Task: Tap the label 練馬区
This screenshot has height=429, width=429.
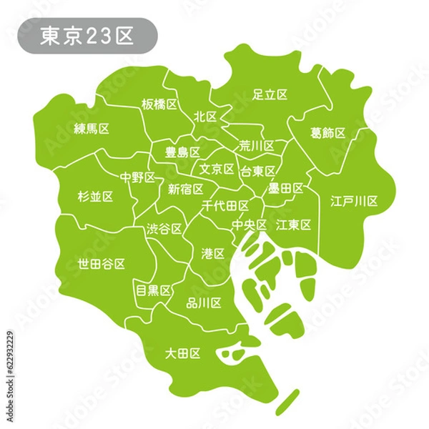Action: coord(92,129)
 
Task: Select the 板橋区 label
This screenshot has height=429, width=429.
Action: coord(159,104)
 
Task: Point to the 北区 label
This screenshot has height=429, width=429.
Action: coord(205,116)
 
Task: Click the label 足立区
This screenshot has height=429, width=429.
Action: coord(270,94)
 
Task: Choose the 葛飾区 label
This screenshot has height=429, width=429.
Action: coord(328,134)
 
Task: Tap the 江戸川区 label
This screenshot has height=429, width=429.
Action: coord(354,201)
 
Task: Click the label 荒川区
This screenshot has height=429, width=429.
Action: coord(257,146)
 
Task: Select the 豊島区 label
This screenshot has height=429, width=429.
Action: coord(182,152)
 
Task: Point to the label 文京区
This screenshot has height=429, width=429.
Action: coord(217,169)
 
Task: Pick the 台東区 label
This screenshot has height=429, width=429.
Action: coord(257,171)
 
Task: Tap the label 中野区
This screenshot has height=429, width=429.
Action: coord(137,176)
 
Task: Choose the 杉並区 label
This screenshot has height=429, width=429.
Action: coord(94,195)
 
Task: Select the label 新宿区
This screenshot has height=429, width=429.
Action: coord(185,189)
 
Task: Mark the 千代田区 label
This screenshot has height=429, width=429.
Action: coord(226,206)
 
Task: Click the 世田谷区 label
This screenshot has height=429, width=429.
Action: coord(102,264)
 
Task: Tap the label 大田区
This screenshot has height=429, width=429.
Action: coord(182,352)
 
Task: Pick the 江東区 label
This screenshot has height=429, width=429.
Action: coord(294,225)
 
